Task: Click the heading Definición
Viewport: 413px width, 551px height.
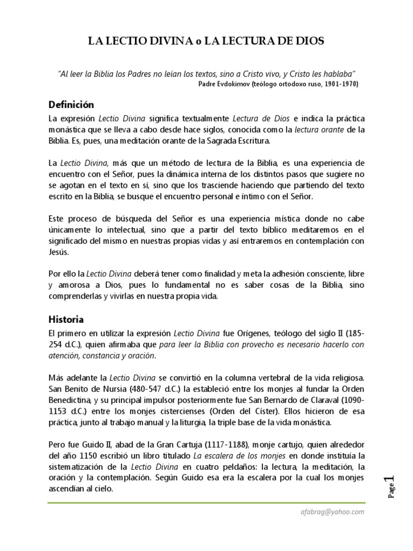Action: [71, 104]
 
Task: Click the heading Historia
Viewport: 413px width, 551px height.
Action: [66, 319]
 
